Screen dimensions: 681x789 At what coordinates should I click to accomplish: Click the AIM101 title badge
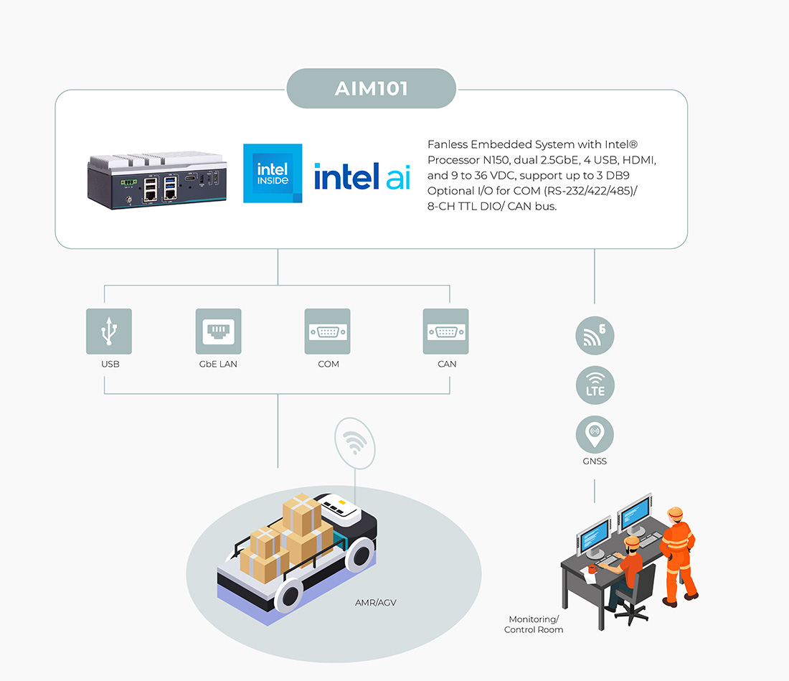[x=371, y=89]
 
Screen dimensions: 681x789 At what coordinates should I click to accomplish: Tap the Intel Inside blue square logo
[x=273, y=173]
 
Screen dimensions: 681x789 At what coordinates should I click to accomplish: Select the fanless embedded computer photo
[x=157, y=179]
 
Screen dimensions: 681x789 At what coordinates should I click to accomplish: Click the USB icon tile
[x=109, y=331]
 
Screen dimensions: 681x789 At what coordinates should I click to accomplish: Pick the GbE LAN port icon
[x=218, y=331]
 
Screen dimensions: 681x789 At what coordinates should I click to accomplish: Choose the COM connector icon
[x=327, y=331]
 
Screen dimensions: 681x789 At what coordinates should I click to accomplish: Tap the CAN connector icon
[x=445, y=331]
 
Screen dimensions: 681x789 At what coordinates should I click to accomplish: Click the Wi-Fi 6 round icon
[x=595, y=335]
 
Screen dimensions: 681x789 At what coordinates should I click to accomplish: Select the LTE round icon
[x=595, y=385]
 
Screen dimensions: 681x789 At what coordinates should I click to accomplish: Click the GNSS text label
[x=595, y=461]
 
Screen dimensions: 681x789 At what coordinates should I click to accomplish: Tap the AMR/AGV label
[x=375, y=603]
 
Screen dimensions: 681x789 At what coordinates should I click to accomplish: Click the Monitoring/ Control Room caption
[x=534, y=624]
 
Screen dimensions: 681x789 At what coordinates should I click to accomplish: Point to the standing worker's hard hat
[x=674, y=513]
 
